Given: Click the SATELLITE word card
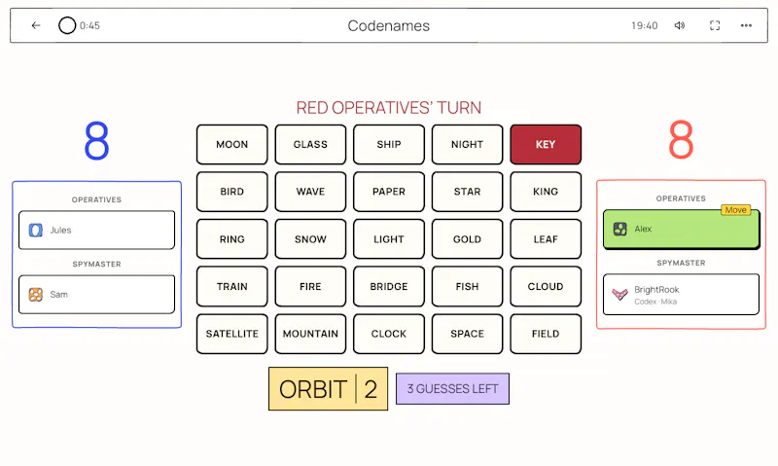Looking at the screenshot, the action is tap(231, 334).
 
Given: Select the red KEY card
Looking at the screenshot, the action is tap(546, 144).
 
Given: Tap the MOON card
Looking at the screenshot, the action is tap(231, 144).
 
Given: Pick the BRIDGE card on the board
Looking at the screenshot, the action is tap(388, 286).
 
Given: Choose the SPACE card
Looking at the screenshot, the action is tap(467, 334).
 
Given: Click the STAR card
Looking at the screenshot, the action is tap(467, 192).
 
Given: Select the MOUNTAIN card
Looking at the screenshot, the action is tap(310, 334).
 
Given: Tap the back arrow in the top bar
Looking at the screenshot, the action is tap(36, 25).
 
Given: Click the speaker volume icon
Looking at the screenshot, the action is tap(680, 25).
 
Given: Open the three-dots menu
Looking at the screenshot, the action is tap(746, 25).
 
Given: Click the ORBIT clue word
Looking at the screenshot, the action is tap(312, 389).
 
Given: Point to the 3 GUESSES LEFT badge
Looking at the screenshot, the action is tap(452, 388).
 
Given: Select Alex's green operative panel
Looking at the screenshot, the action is tap(681, 229).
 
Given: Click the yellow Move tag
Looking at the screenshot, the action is tap(736, 210).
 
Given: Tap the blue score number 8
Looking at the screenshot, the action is tap(96, 141).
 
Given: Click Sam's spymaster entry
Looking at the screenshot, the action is tap(96, 294).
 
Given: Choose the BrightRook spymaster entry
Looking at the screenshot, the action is tap(681, 294).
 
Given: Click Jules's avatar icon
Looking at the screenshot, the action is tap(36, 231).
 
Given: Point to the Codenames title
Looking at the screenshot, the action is tap(388, 26).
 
